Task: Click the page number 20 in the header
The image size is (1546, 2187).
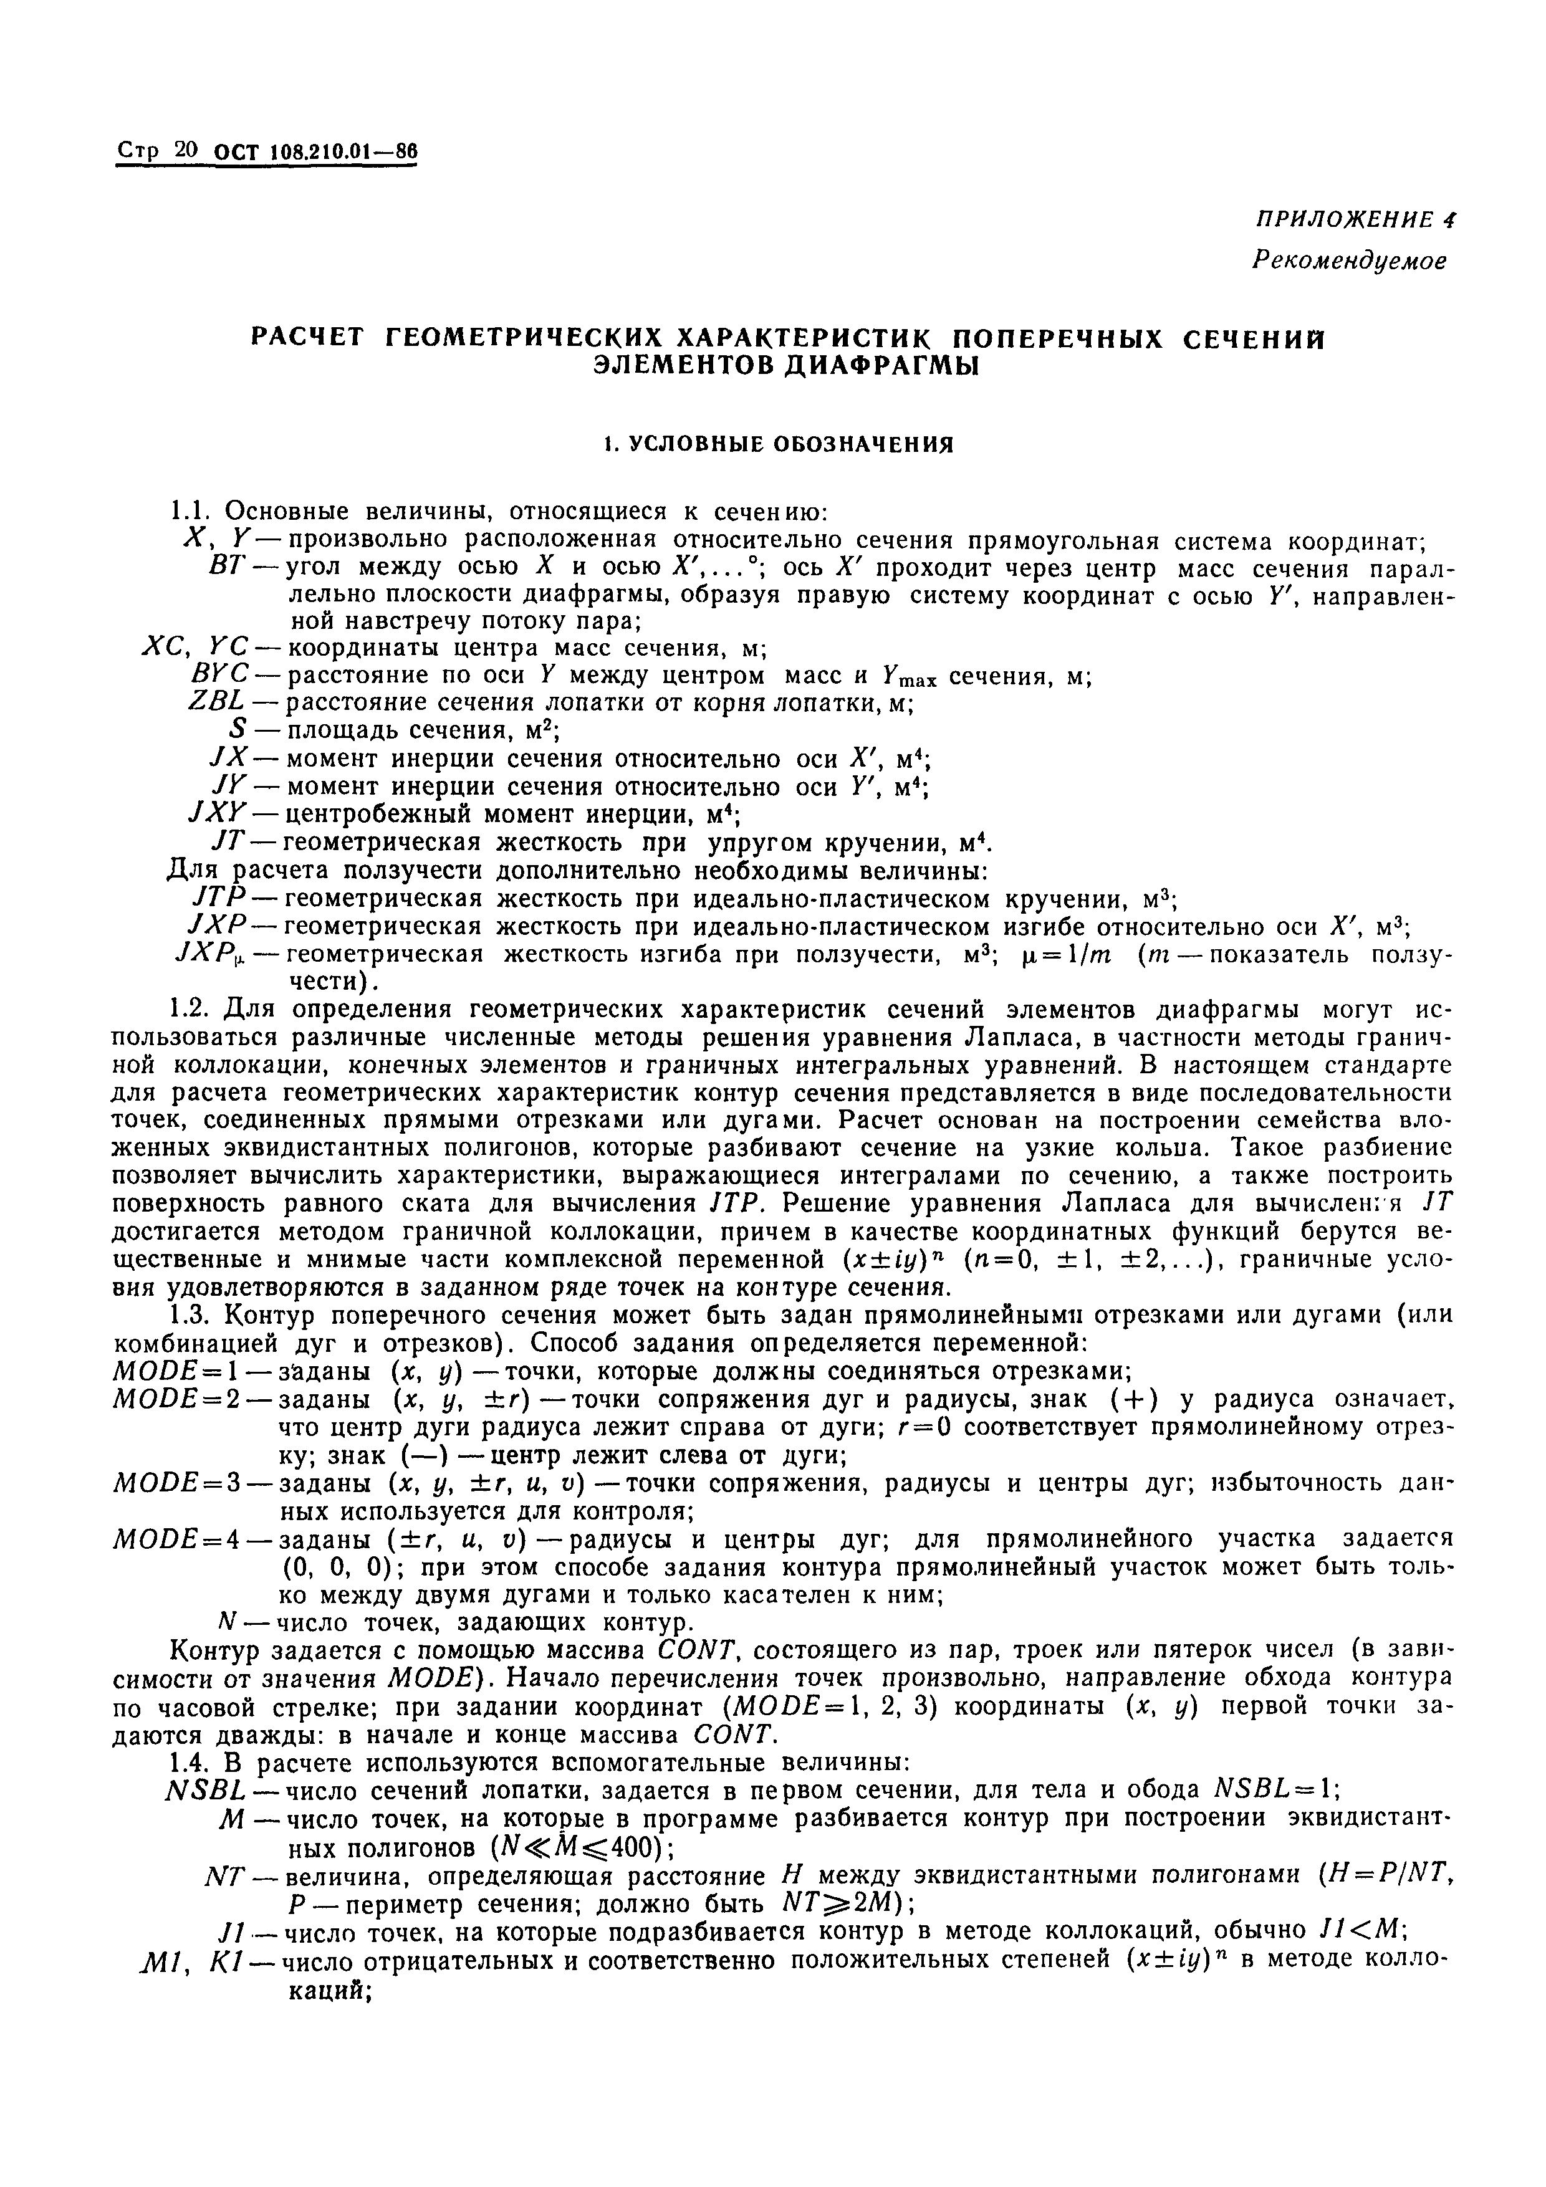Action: [186, 150]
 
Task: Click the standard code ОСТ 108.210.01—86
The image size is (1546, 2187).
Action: [316, 151]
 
